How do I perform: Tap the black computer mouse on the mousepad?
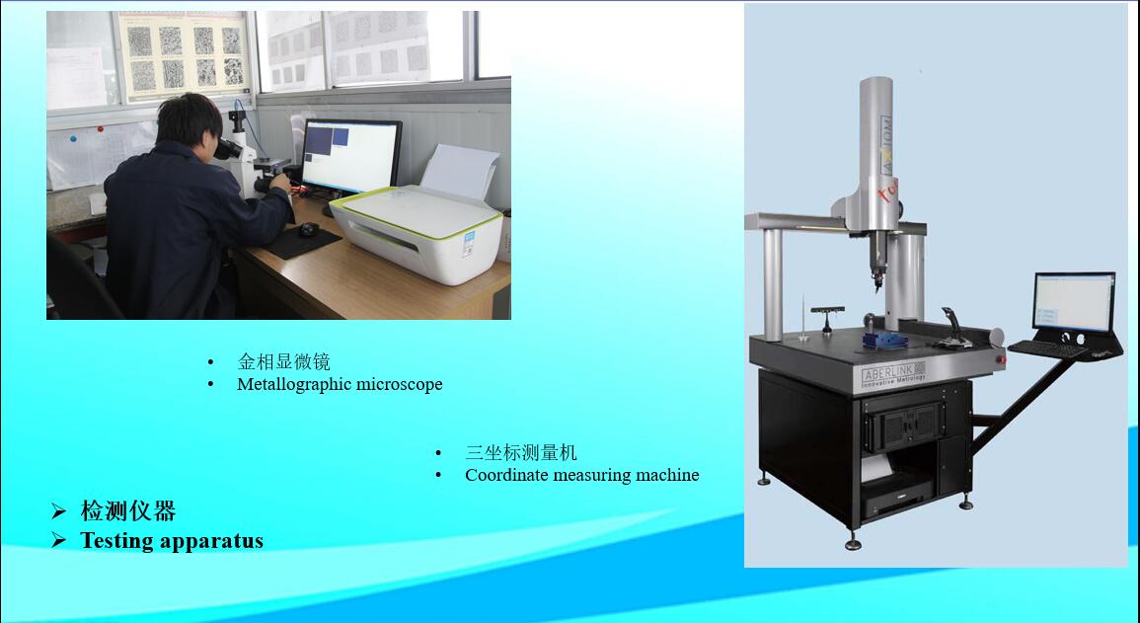click(x=309, y=229)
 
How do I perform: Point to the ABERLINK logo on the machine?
click(x=893, y=373)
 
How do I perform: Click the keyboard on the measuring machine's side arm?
click(x=1047, y=349)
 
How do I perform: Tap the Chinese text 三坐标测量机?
click(x=520, y=453)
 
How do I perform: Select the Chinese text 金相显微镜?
click(x=283, y=361)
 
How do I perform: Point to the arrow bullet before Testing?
click(x=59, y=540)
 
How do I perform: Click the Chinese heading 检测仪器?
click(x=128, y=511)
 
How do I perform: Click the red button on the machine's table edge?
click(x=1001, y=359)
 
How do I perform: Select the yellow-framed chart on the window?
click(x=184, y=56)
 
